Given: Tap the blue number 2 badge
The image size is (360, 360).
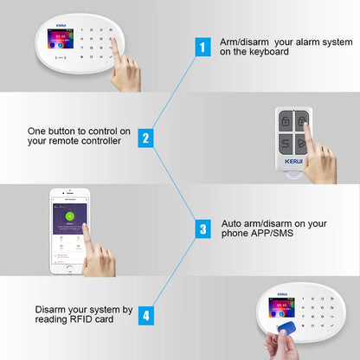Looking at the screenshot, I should pos(145,137).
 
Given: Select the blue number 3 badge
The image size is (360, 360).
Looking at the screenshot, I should pos(202,228).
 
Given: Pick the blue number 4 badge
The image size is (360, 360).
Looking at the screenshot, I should pos(145,316).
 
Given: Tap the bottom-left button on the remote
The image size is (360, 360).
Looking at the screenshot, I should pos(286,145).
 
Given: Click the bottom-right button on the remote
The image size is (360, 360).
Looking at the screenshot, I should pos(302,145).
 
